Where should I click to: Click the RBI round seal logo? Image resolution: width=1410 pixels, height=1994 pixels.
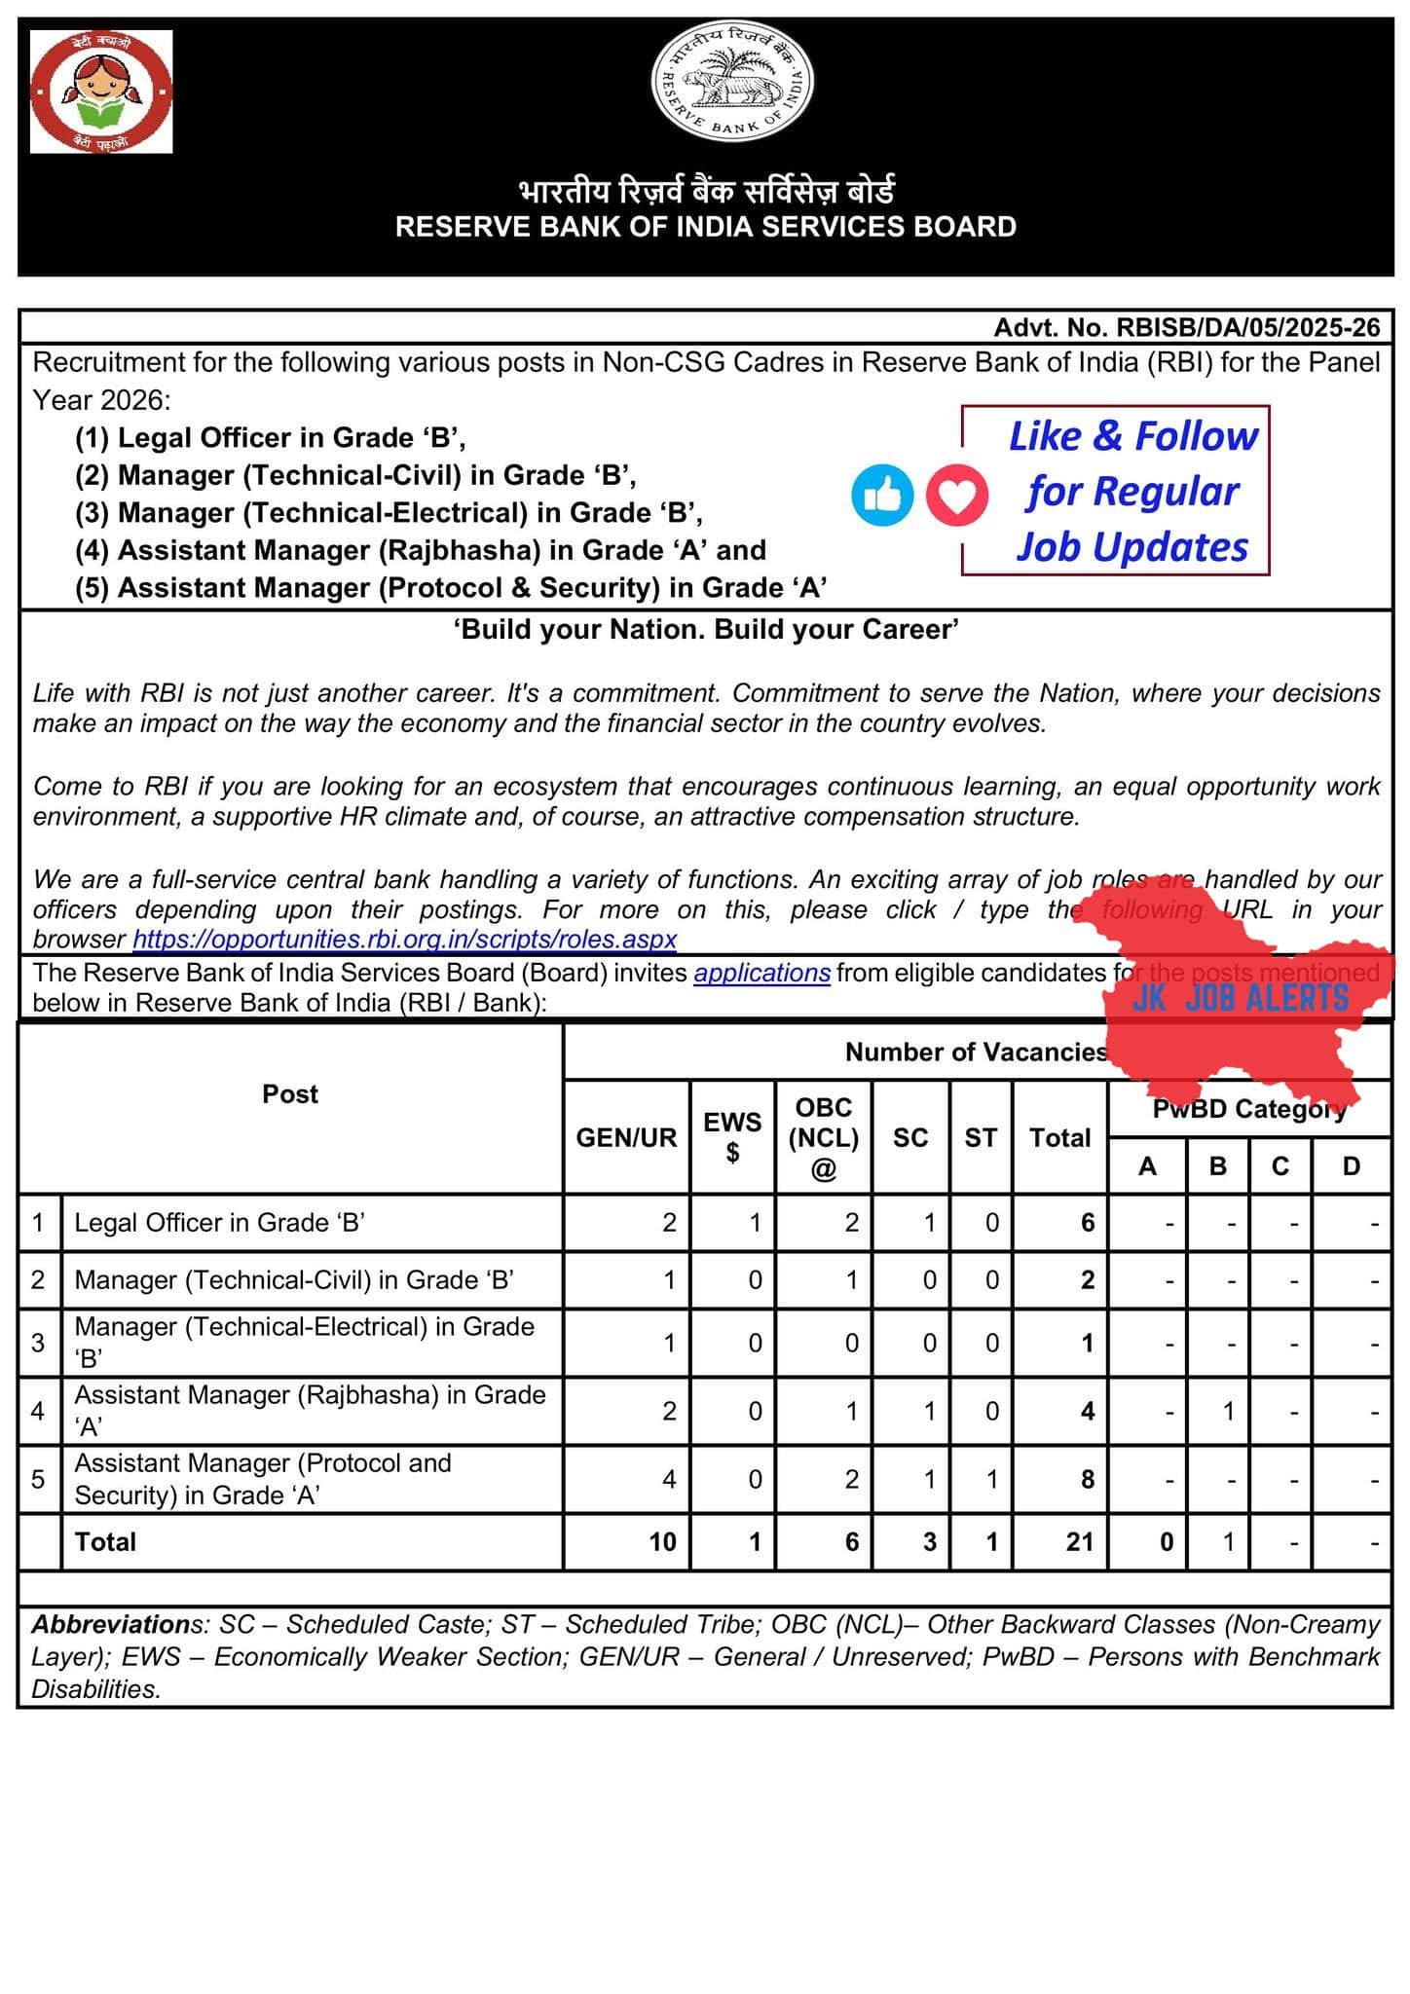pos(732,86)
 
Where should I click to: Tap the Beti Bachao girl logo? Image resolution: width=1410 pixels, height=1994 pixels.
pos(101,92)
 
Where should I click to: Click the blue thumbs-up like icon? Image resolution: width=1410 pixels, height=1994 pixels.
pos(882,496)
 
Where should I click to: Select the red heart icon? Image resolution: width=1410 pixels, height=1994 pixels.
pos(956,496)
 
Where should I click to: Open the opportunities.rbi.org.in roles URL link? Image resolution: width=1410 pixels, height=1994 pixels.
pos(404,940)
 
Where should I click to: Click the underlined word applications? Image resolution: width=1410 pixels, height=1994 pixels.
pos(761,973)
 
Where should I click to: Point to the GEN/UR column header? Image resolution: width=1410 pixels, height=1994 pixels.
pos(626,1137)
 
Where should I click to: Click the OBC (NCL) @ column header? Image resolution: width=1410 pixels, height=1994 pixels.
pos(823,1137)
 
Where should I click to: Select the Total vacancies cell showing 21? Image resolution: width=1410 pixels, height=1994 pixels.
pos(1079,1541)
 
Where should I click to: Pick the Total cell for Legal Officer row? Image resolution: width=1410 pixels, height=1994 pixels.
pos(1087,1223)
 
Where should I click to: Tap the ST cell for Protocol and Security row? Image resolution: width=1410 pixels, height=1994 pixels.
pos(991,1479)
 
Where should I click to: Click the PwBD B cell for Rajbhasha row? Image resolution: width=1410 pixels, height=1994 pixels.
pos(1228,1411)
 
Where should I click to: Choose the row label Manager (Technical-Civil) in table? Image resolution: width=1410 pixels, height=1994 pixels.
pos(294,1279)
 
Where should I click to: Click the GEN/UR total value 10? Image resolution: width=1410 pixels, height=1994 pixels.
pos(662,1541)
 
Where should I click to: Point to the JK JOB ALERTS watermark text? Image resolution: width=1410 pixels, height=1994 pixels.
pos(1240,998)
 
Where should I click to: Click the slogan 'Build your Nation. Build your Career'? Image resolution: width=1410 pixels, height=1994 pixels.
pos(706,629)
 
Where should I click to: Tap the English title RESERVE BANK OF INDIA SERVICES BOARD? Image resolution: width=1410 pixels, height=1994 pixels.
pos(706,227)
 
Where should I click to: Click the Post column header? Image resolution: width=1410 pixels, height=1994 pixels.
pos(290,1094)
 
